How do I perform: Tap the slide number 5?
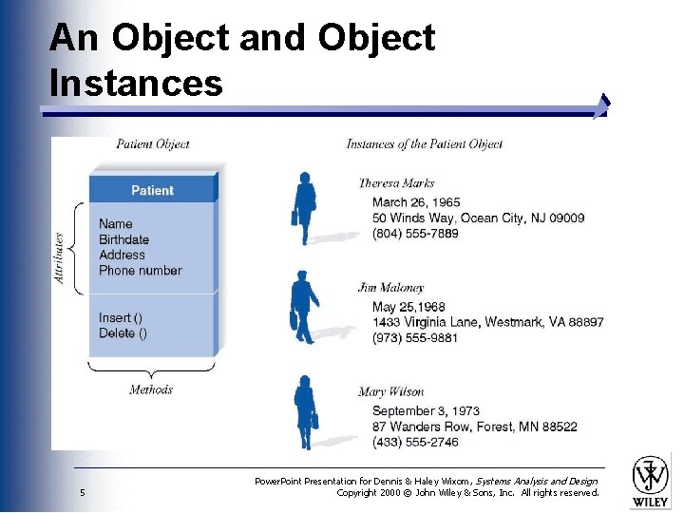coord(84,492)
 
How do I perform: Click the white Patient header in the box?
coord(152,190)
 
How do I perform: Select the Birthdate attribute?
coord(123,239)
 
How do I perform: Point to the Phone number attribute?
coord(140,270)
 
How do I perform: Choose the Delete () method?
coord(123,332)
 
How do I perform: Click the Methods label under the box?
coord(151,389)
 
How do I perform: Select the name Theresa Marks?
coord(396,183)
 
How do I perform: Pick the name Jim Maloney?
coord(390,287)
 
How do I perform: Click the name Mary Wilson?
coord(390,391)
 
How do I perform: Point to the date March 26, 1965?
coord(416,202)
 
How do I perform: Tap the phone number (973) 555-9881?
coord(414,337)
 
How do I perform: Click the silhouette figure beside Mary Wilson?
coord(305,412)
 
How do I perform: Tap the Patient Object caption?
coord(152,144)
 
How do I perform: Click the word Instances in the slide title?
coord(136,83)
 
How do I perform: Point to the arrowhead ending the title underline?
coord(602,105)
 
